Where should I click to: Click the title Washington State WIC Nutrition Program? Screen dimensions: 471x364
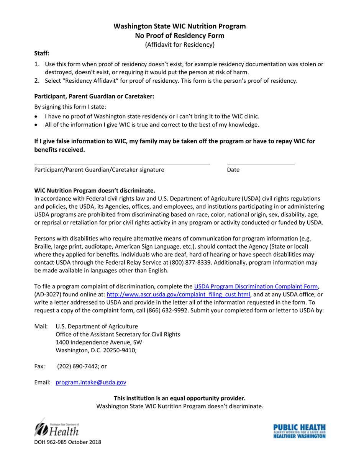point(180,26)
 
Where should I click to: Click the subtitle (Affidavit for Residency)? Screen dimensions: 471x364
point(180,45)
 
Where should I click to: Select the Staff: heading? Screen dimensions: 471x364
point(42,54)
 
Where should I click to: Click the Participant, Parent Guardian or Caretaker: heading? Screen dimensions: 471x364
point(94,97)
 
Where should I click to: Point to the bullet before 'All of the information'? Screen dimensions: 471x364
point(36,125)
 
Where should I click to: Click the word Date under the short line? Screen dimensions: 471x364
point(233,170)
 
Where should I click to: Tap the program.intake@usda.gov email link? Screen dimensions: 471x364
point(91,382)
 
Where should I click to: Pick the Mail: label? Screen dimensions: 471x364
point(41,326)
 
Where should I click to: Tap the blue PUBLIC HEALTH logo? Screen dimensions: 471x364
point(299,431)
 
